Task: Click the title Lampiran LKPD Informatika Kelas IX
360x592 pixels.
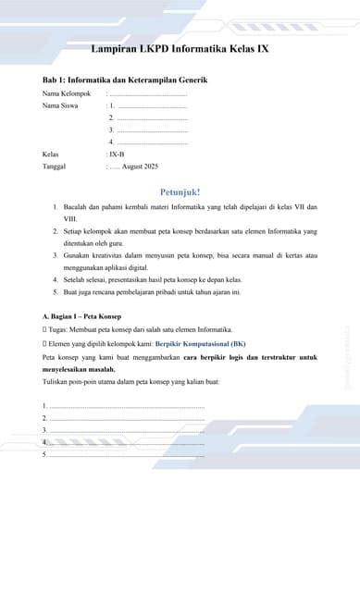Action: click(x=180, y=48)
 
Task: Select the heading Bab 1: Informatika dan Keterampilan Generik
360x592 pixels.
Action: click(x=125, y=80)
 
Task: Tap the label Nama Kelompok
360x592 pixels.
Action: click(x=67, y=93)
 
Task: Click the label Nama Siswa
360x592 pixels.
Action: click(x=60, y=105)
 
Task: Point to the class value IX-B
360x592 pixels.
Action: click(x=117, y=154)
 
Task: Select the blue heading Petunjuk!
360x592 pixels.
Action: click(x=180, y=191)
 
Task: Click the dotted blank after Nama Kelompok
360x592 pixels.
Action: click(x=148, y=93)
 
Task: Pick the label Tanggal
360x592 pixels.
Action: click(x=56, y=166)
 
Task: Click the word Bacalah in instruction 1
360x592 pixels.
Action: click(x=77, y=207)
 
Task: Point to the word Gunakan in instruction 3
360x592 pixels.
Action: click(x=78, y=253)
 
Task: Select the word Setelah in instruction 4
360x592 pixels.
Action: click(x=76, y=278)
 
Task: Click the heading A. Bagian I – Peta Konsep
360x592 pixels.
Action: click(x=82, y=316)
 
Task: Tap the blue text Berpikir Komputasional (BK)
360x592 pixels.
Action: click(x=200, y=343)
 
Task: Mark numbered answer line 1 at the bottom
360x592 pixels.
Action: click(x=125, y=406)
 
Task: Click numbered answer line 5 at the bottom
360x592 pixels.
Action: click(x=125, y=454)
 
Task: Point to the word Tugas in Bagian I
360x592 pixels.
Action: click(x=58, y=330)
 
